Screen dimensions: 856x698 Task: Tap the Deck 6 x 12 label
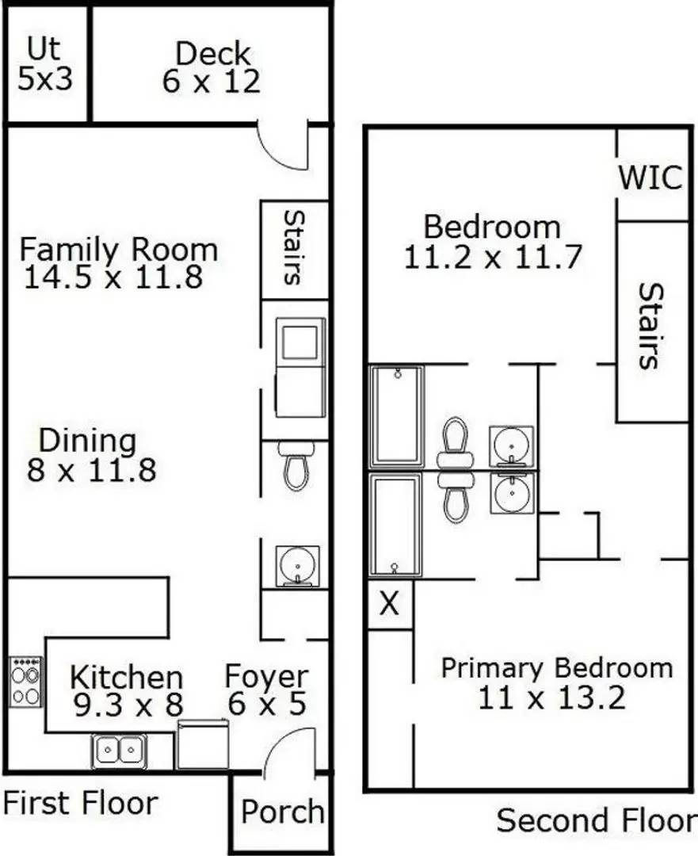(x=212, y=68)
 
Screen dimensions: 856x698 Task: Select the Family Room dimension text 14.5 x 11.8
(x=113, y=277)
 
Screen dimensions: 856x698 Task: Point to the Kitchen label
(x=126, y=678)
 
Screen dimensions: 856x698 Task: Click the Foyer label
(x=266, y=677)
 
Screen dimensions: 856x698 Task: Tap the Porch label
(x=283, y=812)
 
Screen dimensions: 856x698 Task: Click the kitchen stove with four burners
(x=25, y=682)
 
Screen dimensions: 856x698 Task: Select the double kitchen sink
(x=119, y=751)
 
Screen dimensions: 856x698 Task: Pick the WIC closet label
(x=650, y=178)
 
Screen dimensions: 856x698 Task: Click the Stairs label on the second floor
(x=649, y=326)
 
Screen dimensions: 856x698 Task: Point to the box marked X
(x=389, y=605)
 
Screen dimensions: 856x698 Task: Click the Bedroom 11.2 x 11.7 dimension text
(x=493, y=257)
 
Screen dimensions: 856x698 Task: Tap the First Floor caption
(x=80, y=803)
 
